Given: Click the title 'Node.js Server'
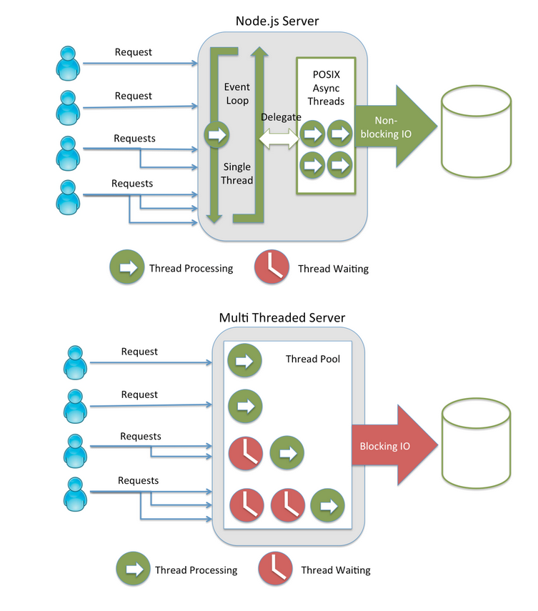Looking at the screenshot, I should (x=277, y=21).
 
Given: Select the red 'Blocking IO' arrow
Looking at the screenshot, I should (x=393, y=446).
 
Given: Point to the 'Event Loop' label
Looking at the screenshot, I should (x=237, y=94).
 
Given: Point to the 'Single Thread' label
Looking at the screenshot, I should (x=237, y=173).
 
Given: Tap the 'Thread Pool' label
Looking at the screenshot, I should (x=313, y=359).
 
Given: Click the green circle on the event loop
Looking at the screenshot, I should (x=216, y=134).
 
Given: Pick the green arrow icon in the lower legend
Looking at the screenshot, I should (x=134, y=569).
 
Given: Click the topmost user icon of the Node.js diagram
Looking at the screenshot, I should (x=69, y=61).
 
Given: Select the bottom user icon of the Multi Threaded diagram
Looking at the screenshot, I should (x=74, y=492).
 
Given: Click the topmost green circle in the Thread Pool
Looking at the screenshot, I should (x=244, y=361).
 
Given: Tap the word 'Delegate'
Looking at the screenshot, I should (x=281, y=116).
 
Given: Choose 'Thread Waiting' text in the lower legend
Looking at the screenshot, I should (x=335, y=570).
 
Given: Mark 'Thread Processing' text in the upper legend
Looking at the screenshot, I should (x=191, y=269).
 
